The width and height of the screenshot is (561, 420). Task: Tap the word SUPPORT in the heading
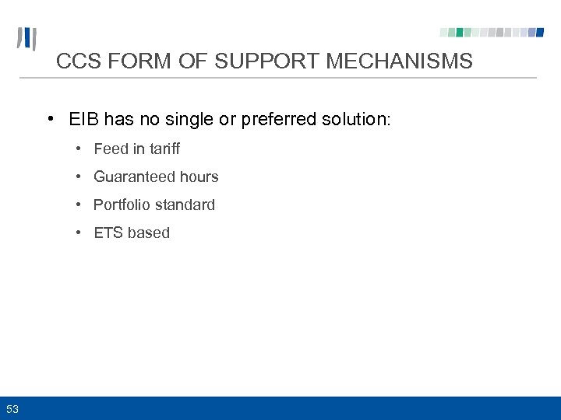click(x=270, y=61)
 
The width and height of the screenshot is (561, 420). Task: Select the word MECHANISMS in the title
click(x=399, y=61)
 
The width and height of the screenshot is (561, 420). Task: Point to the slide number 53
click(x=12, y=409)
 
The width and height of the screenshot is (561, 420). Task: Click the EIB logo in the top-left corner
click(x=27, y=39)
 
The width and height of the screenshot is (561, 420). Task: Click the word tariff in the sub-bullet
click(x=164, y=149)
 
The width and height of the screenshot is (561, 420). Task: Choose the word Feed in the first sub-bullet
click(x=111, y=149)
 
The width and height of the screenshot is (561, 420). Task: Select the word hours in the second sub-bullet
click(x=199, y=177)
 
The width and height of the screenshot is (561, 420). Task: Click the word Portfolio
click(x=121, y=205)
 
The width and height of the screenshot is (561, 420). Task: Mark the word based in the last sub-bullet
click(x=149, y=233)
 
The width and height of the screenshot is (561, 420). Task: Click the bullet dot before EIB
click(x=50, y=120)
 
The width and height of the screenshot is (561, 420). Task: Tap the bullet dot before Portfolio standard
click(x=79, y=205)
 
